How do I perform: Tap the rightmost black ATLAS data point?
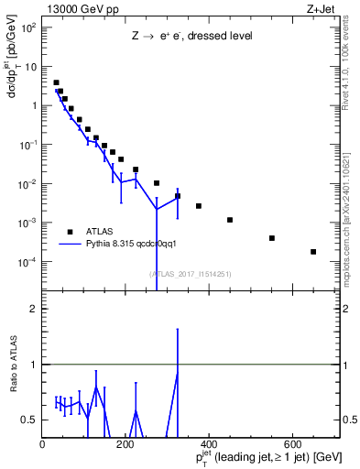[x=313, y=252]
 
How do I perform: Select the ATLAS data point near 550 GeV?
[x=272, y=238]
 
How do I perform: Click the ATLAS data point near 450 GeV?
[x=230, y=220]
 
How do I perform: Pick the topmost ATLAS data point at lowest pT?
[x=56, y=82]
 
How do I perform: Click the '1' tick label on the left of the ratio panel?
[x=34, y=365]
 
